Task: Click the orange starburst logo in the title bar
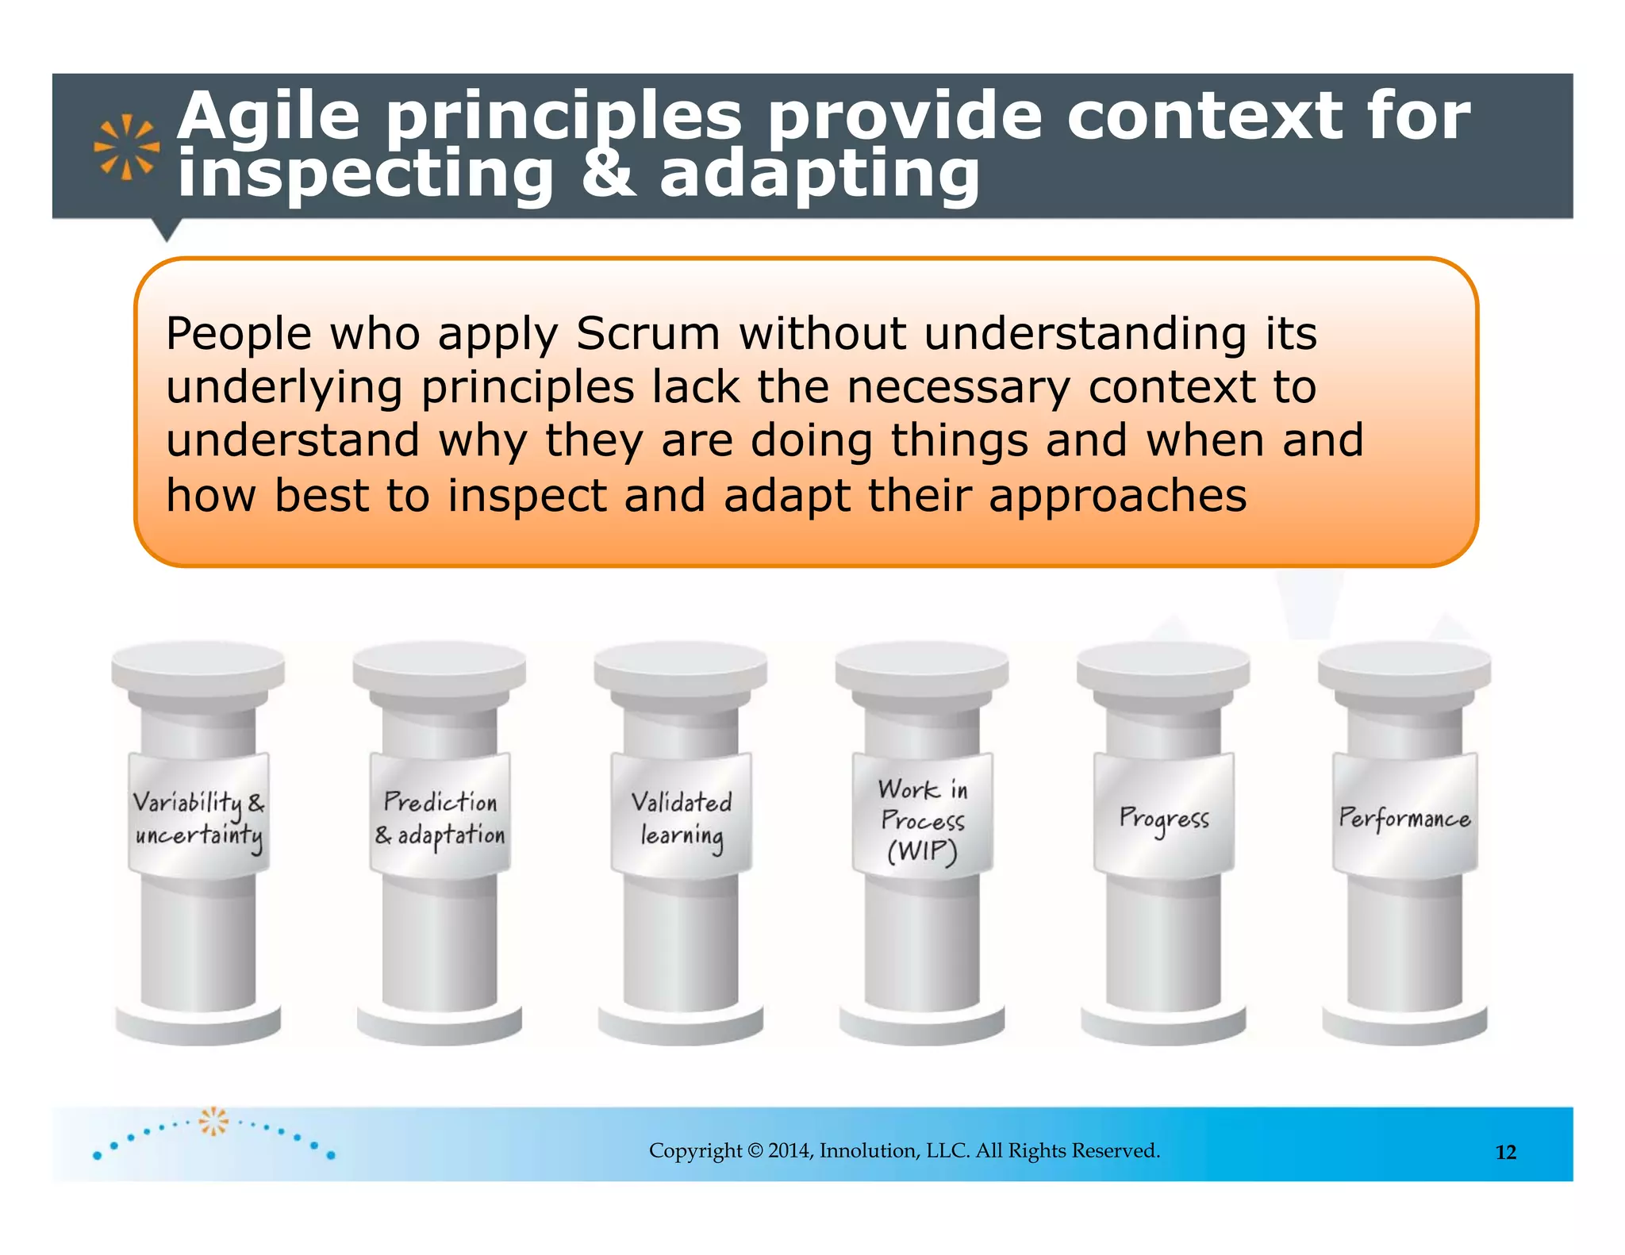pos(126,147)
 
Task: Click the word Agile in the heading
pos(268,117)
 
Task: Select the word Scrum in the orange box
pos(647,333)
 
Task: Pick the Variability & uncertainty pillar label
pos(198,817)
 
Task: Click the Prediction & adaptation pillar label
pos(440,817)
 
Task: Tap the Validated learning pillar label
pos(681,817)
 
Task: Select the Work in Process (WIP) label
pos(922,819)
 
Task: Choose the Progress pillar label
pos(1163,817)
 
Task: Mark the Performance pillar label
pos(1404,817)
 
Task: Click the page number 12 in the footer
pos(1505,1152)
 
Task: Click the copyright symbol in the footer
pos(755,1150)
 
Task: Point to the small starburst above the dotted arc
pos(213,1120)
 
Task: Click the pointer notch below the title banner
pos(167,229)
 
